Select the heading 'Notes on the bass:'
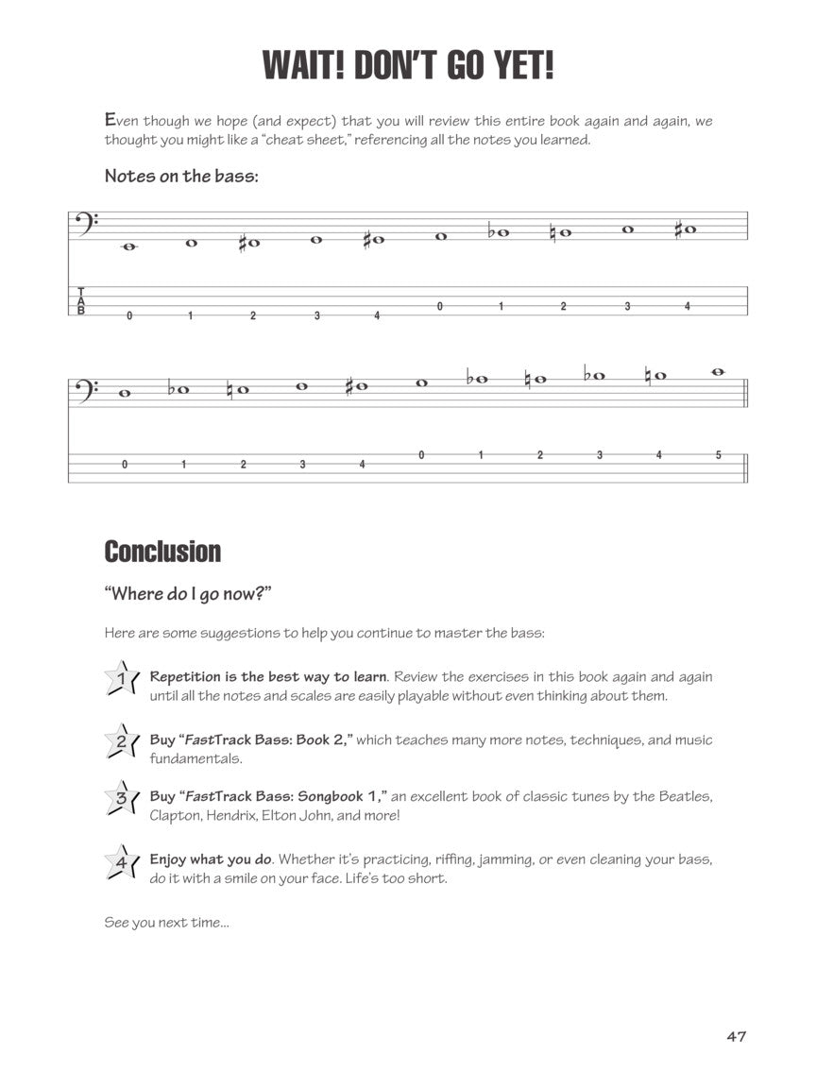pos(180,176)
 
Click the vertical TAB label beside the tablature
pos(81,301)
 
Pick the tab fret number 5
pos(718,455)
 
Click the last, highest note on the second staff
pos(718,371)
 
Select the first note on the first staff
pos(129,246)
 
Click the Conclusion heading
pos(162,552)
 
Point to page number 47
pos(737,1036)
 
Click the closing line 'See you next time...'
pos(166,923)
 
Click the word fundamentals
pos(195,758)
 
